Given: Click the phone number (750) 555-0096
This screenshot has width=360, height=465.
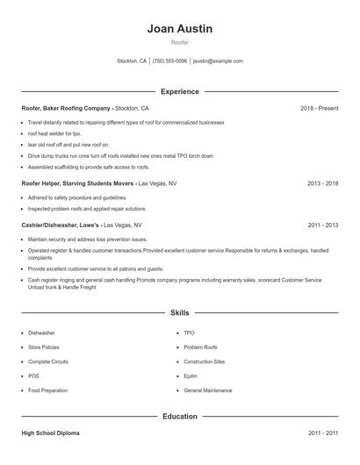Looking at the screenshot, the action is pyautogui.click(x=170, y=61).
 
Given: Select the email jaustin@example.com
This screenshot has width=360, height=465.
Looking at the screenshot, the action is pyautogui.click(x=218, y=61).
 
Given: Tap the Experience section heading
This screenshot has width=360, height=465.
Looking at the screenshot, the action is pyautogui.click(x=180, y=91).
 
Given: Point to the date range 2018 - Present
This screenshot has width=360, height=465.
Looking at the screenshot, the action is pyautogui.click(x=319, y=108).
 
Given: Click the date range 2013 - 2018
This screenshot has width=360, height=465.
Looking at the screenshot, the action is pyautogui.click(x=322, y=184).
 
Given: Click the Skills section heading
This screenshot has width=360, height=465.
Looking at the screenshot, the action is pyautogui.click(x=180, y=312).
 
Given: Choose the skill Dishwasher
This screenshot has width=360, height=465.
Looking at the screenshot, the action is pyautogui.click(x=41, y=333).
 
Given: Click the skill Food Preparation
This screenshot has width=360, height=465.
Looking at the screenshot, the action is pyautogui.click(x=47, y=390).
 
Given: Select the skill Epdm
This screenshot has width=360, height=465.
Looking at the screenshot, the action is pyautogui.click(x=191, y=376).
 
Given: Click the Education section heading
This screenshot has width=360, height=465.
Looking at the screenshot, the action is pyautogui.click(x=180, y=417).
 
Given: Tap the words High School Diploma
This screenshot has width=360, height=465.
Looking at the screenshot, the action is pyautogui.click(x=53, y=433).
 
